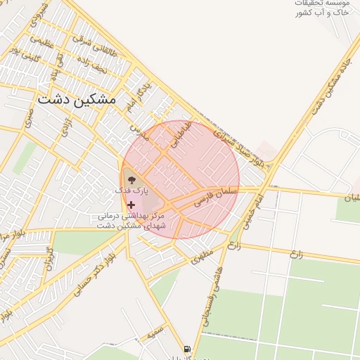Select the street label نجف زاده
pyautogui.click(x=91, y=69)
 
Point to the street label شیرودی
pyautogui.click(x=39, y=15)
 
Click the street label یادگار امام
pyautogui.click(x=138, y=98)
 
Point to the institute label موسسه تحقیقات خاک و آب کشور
pyautogui.click(x=322, y=8)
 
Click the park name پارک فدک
pyautogui.click(x=132, y=191)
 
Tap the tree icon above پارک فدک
pyautogui.click(x=132, y=179)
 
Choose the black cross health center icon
pyautogui.click(x=131, y=205)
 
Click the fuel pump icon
pyautogui.click(x=186, y=349)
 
